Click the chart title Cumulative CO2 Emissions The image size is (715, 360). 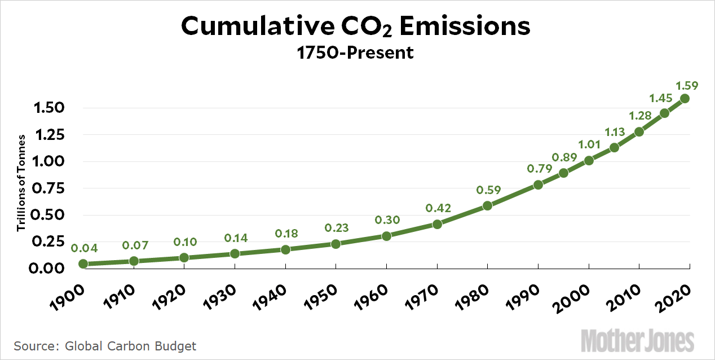point(356,27)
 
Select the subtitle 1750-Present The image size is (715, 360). point(357,53)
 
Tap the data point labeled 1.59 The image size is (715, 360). point(685,98)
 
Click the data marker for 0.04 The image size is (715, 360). point(83,264)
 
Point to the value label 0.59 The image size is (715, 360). point(488,190)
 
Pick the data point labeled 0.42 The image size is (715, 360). point(437,224)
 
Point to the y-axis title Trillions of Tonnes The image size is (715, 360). point(21,183)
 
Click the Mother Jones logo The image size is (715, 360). point(637,341)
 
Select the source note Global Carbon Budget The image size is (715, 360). point(105,345)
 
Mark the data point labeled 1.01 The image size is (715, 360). point(589,160)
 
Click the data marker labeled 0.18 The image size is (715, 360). point(285,249)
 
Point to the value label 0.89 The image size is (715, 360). point(563,157)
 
